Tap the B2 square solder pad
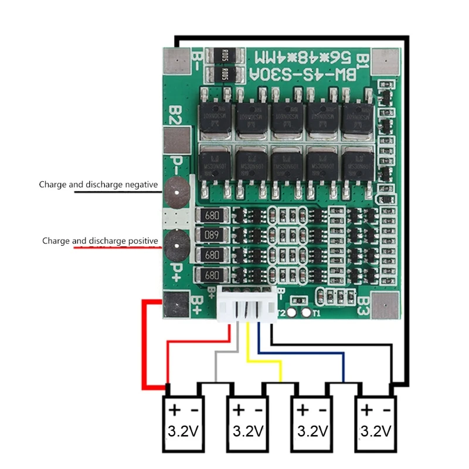pos(175,140)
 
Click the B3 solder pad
pos(388,305)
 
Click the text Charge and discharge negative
pos(98,185)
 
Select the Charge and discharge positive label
pos(100,241)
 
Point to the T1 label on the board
pos(316,313)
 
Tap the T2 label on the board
pos(281,313)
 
